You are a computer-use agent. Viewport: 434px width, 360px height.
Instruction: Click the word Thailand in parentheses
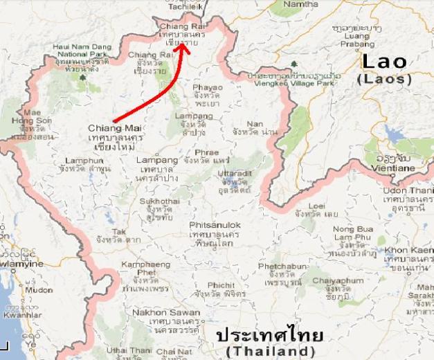click(270, 352)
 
